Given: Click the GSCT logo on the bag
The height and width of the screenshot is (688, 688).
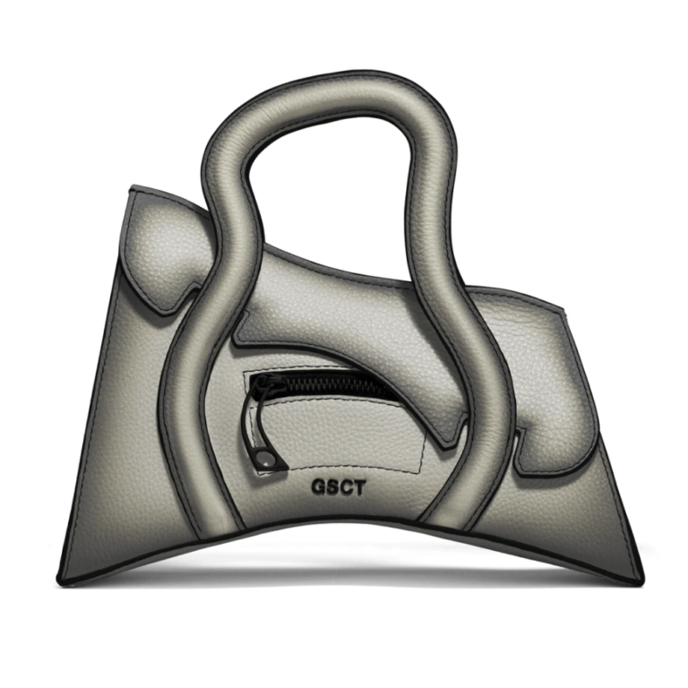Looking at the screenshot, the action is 338,487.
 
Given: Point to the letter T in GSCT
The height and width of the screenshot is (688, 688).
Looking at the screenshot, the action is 358,487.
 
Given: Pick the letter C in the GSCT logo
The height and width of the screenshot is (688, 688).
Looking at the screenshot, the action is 344,487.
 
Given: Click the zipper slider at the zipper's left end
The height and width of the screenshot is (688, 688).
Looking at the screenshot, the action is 256,386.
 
